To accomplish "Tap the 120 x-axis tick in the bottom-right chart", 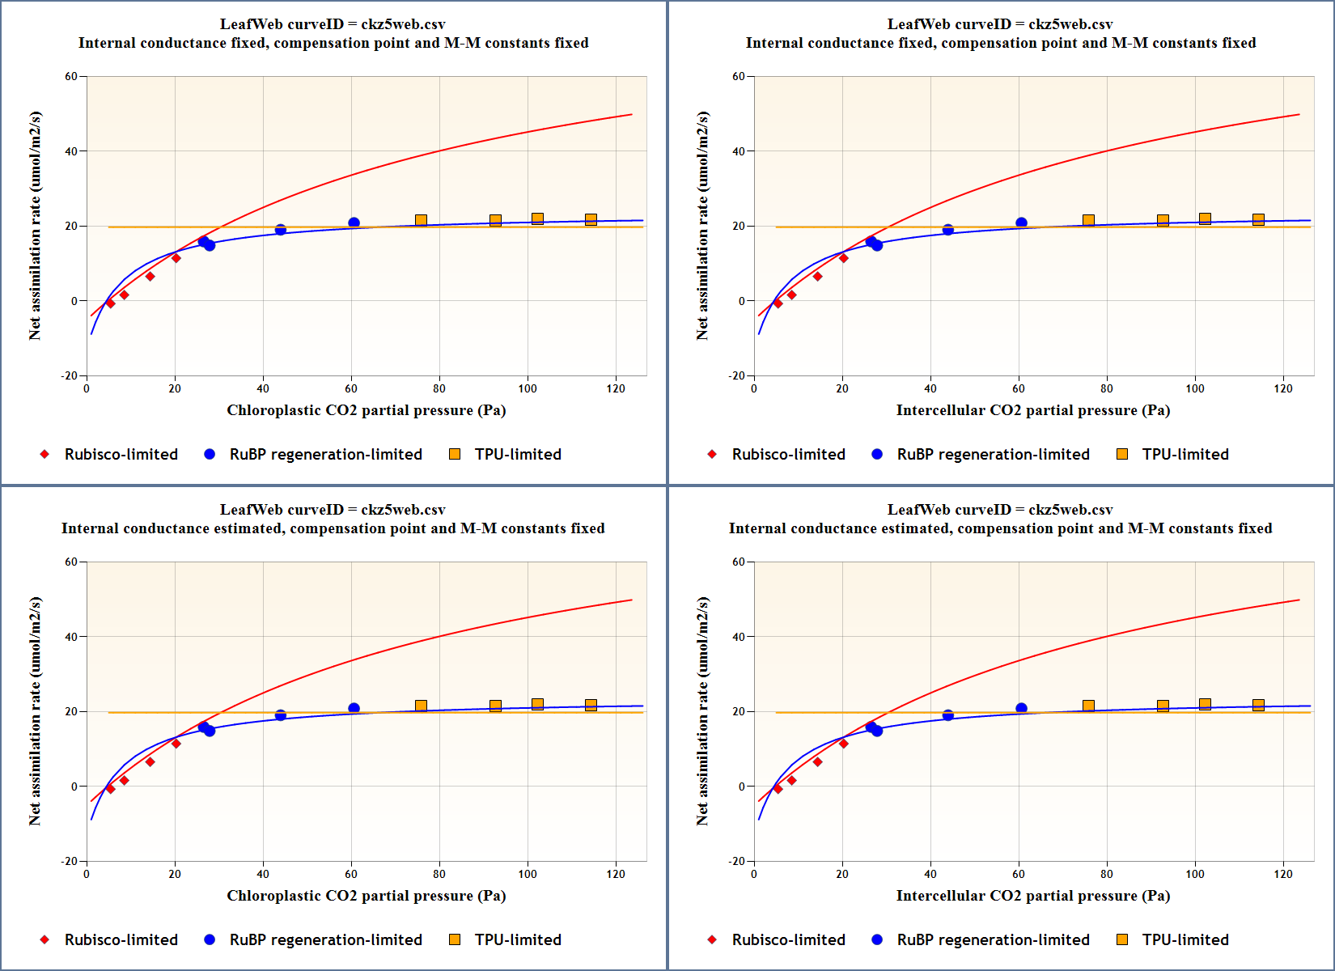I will click(x=1283, y=874).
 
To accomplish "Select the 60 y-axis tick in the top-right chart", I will click(x=739, y=77).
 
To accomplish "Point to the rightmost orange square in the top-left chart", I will click(x=591, y=219).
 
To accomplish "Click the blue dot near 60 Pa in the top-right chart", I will click(x=1021, y=223).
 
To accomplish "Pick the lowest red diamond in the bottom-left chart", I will click(x=111, y=789).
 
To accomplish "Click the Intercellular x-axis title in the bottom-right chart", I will click(x=1032, y=896).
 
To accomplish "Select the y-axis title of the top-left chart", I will click(x=35, y=226).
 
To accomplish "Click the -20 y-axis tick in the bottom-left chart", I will click(x=70, y=861).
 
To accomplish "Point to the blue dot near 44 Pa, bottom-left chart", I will click(x=281, y=715).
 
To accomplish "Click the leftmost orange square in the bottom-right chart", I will click(x=1088, y=706).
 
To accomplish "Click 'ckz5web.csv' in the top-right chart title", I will click(x=1070, y=24).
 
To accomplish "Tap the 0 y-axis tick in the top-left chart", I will click(x=74, y=301).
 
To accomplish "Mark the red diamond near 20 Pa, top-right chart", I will click(x=843, y=258).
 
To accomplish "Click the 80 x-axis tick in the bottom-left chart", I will click(x=439, y=874).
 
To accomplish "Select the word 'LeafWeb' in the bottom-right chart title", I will click(x=918, y=510).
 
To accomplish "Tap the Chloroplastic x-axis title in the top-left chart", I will click(x=366, y=410).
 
